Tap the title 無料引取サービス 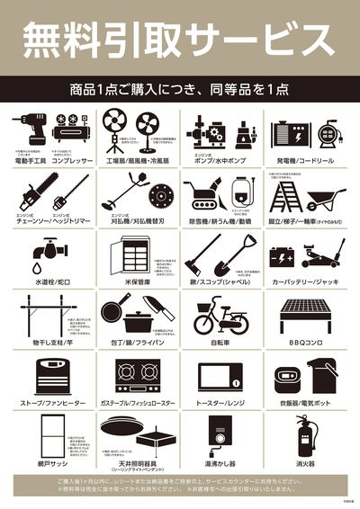(x=180, y=39)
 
